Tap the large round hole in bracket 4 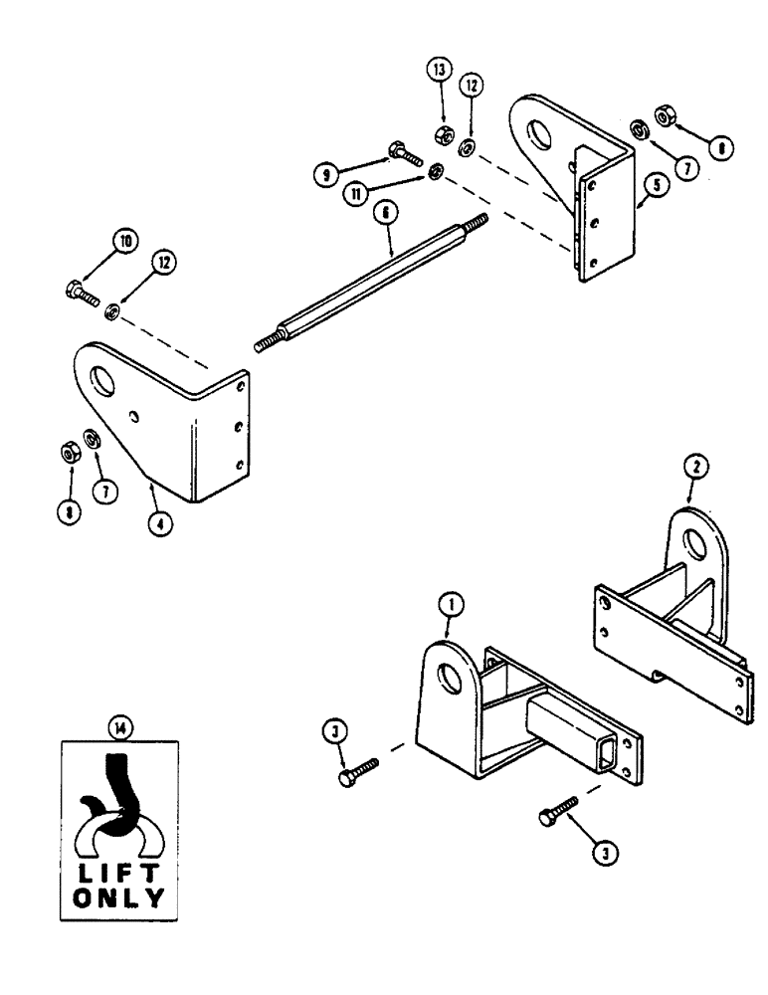(101, 379)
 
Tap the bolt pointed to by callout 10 (78, 294)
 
